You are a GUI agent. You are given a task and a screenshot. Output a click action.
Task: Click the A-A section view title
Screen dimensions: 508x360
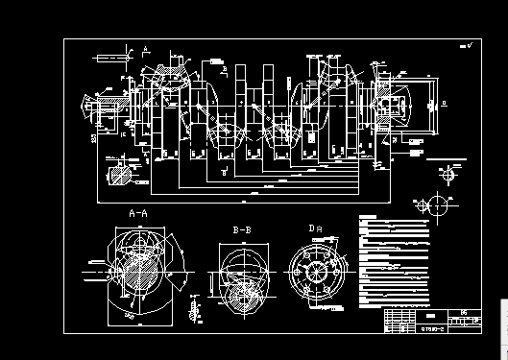137,212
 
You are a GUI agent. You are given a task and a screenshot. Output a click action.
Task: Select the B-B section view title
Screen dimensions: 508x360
241,230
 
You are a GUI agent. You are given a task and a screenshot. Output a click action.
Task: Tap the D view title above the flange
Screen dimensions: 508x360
313,228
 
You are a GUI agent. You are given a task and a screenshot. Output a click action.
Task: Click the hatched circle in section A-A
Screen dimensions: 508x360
139,268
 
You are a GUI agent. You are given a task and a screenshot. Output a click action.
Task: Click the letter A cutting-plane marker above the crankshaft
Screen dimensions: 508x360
143,47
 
